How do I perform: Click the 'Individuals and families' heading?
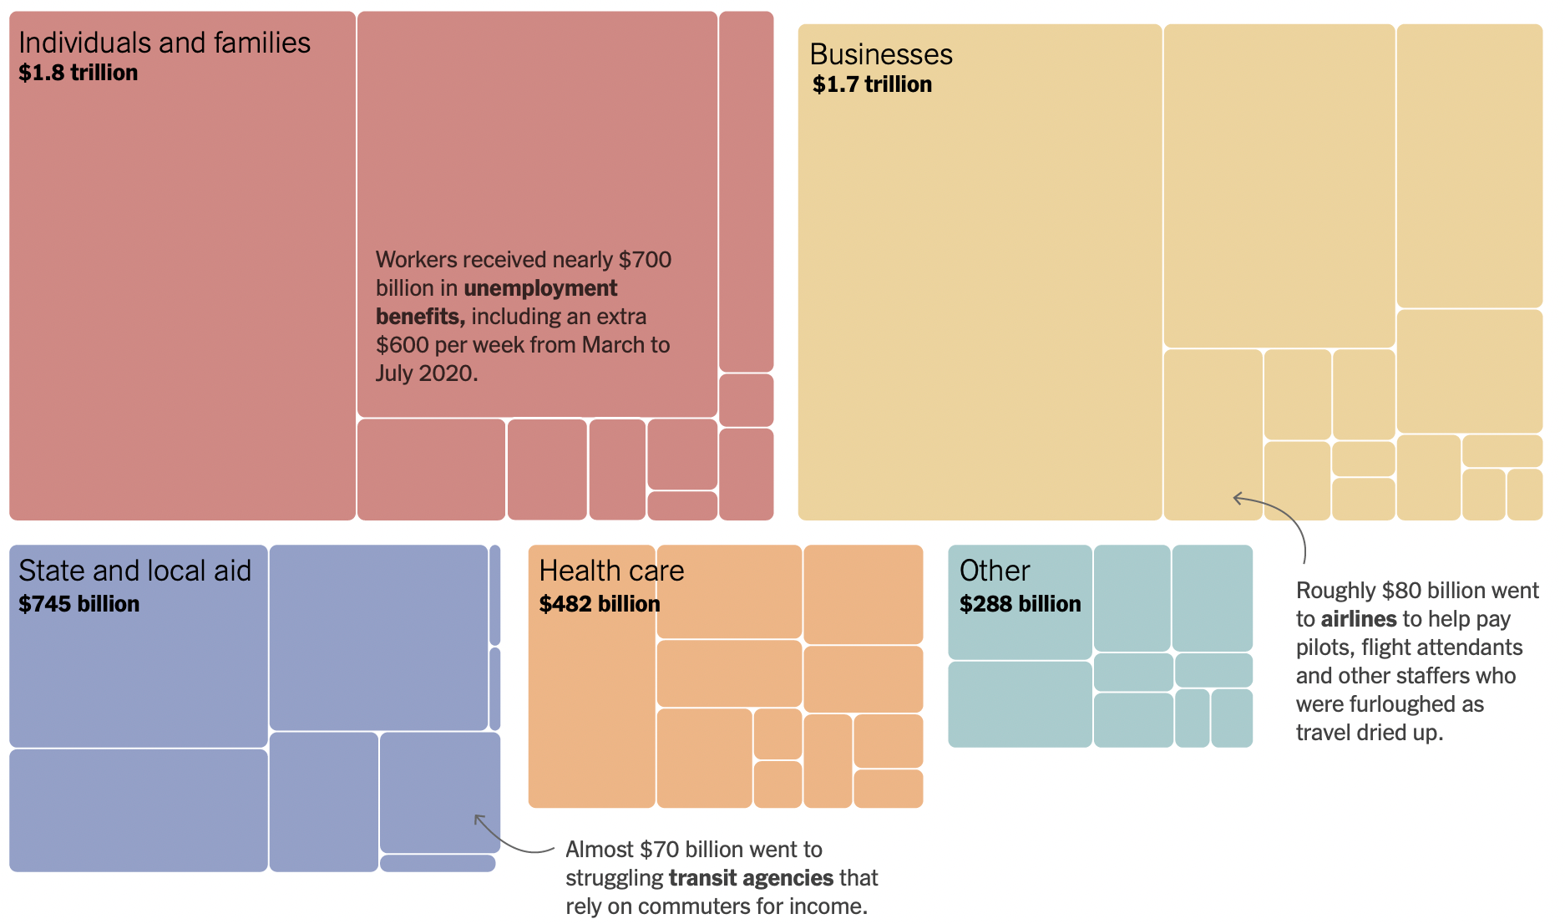coord(165,43)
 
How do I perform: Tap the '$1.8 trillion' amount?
coord(79,73)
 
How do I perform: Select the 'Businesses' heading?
coord(881,54)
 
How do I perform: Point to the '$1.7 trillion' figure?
coord(872,84)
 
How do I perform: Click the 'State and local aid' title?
coord(134,571)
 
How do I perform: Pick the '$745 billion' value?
coord(79,604)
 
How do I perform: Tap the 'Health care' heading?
coord(611,571)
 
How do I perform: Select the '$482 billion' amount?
coord(600,604)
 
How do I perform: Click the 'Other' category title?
coord(995,571)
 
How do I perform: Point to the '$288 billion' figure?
coord(1020,604)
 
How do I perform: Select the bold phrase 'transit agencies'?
coord(752,878)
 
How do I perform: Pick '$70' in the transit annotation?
coord(659,850)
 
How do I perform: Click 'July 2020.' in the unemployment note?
coord(427,373)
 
